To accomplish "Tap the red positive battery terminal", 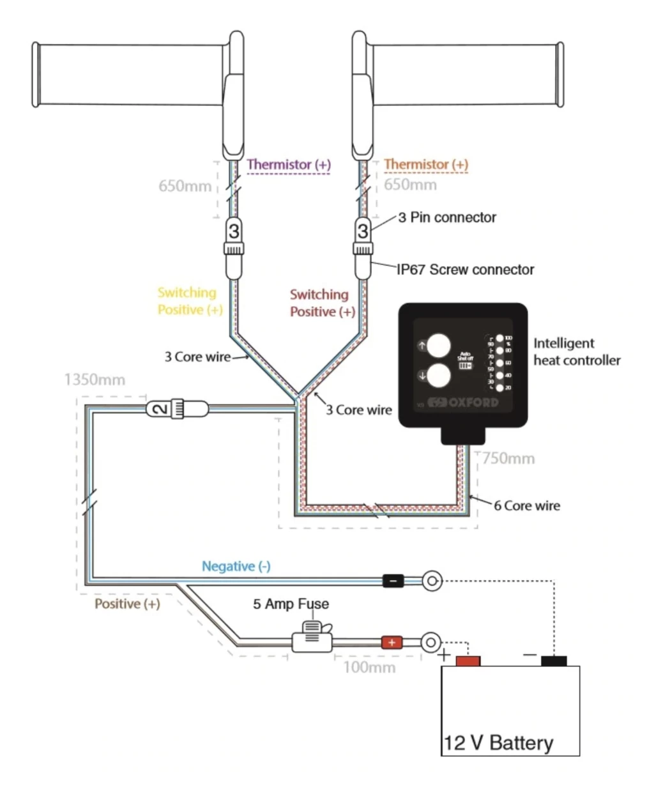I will point(468,661).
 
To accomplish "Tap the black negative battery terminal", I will point(553,661).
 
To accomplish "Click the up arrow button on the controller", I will point(438,346).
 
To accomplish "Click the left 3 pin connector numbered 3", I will point(234,231).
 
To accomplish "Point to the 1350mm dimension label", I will point(95,380).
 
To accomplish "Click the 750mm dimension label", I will point(508,458).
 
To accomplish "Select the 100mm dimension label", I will point(369,668).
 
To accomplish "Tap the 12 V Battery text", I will point(498,742).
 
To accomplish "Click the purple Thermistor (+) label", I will point(289,164).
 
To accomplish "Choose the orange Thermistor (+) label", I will point(426,164).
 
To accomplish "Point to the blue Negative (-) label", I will point(236,566).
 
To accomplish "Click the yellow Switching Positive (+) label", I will point(190,301).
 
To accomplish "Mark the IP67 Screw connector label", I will point(465,269).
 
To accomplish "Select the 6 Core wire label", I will point(526,505).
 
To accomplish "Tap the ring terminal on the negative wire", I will point(432,581).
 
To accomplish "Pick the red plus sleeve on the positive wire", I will point(392,642).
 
